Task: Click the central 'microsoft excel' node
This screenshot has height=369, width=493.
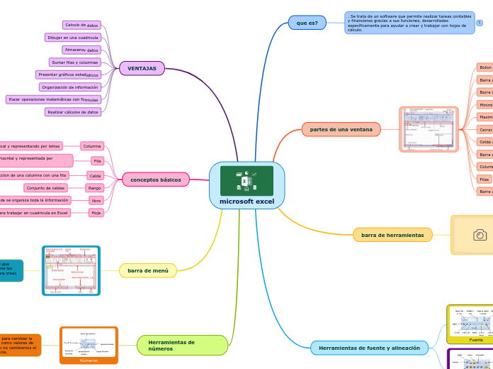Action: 246,202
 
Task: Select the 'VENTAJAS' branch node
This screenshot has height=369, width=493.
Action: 142,68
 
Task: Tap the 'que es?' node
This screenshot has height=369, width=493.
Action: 307,23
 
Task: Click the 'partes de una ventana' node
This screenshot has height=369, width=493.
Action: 341,129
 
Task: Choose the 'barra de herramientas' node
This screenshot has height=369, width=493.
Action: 392,235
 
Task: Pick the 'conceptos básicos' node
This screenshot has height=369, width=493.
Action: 155,180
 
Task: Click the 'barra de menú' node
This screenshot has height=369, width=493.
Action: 147,270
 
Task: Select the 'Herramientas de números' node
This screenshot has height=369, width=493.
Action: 182,346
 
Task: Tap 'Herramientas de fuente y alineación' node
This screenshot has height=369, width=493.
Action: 369,348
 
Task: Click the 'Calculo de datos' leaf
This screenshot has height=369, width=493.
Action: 81,25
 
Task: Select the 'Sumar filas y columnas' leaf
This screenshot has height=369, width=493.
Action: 74,62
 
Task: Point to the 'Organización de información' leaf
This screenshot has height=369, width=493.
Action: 69,87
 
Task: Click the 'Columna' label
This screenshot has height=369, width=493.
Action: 92,146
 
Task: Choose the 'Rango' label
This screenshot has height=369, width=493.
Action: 94,188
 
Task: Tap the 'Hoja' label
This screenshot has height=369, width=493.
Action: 96,213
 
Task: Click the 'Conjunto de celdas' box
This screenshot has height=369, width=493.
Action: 46,188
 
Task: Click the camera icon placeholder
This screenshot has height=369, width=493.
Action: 480,235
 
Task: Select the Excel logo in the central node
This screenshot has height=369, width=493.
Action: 246,181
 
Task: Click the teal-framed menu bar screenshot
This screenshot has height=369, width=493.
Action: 71,270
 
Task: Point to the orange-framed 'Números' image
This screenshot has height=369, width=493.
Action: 89,345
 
